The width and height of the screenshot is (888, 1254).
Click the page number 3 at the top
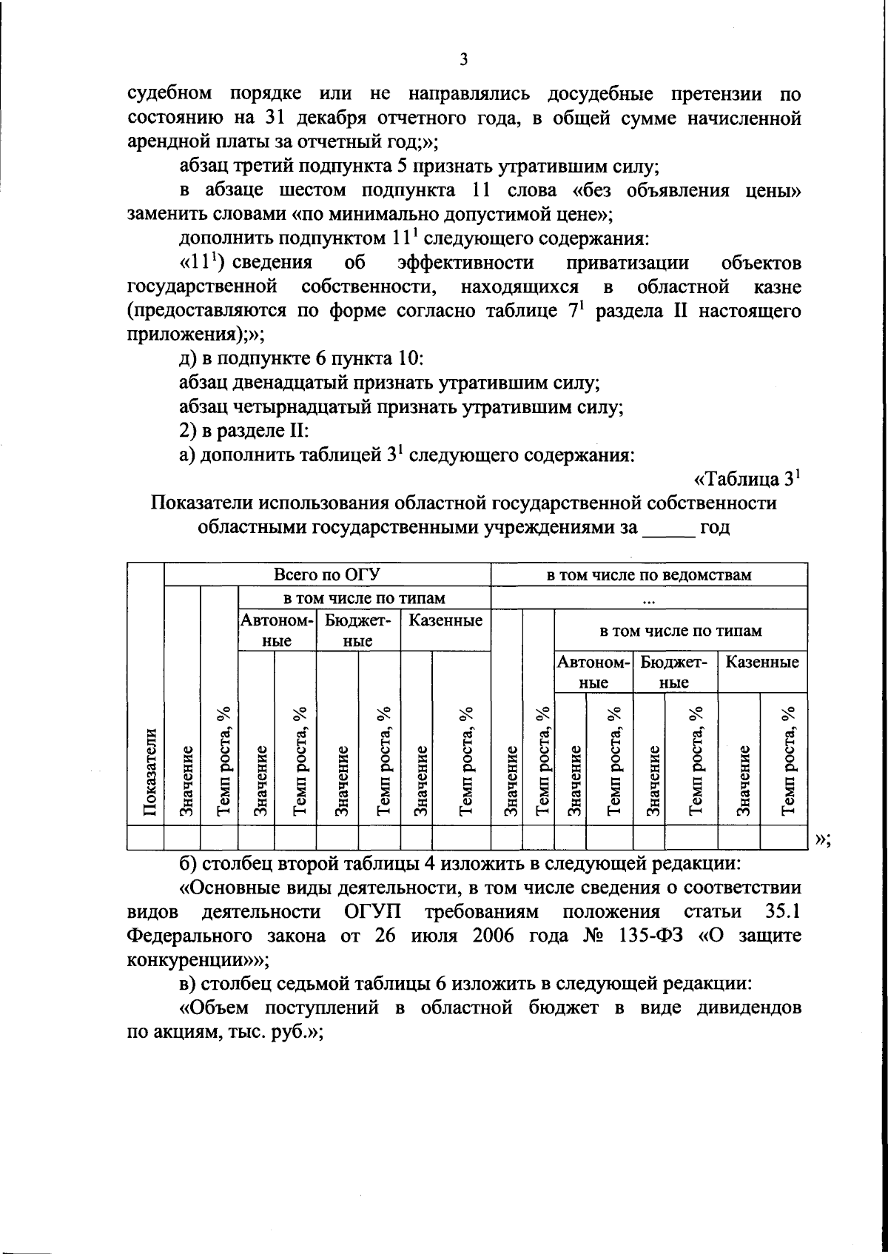tap(462, 60)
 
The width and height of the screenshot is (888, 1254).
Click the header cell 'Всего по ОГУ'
tap(326, 574)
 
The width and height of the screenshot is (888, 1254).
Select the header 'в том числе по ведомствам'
tap(648, 574)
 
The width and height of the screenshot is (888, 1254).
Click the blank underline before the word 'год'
tap(669, 528)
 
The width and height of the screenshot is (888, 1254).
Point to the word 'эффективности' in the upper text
tap(465, 263)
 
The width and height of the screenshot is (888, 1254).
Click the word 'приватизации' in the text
tap(628, 263)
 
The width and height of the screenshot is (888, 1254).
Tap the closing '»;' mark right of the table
tap(821, 839)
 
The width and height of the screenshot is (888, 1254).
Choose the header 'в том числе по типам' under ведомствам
tap(679, 631)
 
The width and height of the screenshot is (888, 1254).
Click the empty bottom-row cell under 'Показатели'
tap(146, 837)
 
